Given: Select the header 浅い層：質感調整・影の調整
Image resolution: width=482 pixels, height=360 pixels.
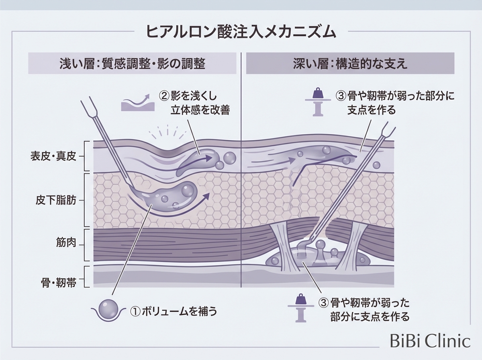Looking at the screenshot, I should tap(132, 63).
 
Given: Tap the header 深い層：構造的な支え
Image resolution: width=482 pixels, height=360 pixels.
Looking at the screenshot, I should tap(350, 63).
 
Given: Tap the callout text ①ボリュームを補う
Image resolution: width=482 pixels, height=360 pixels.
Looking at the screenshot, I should tap(174, 311).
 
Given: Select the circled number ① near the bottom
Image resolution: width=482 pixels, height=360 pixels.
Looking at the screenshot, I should tap(135, 311).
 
